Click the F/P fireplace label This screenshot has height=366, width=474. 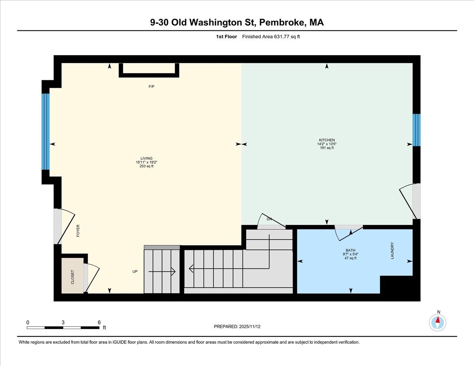[x=151, y=86]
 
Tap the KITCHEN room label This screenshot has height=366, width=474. [x=327, y=140]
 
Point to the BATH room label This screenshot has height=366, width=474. [x=350, y=250]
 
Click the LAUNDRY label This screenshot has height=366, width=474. [x=392, y=250]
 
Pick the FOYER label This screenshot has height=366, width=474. [x=78, y=231]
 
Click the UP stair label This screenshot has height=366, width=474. [x=135, y=271]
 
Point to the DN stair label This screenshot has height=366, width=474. [x=269, y=219]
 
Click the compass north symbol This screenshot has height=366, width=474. [x=438, y=322]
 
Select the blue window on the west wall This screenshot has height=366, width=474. [x=46, y=131]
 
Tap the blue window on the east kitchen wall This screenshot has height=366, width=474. [x=416, y=130]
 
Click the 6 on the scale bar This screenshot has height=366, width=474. [x=99, y=322]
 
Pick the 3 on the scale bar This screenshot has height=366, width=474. [x=63, y=322]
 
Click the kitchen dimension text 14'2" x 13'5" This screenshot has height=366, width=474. [x=327, y=144]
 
